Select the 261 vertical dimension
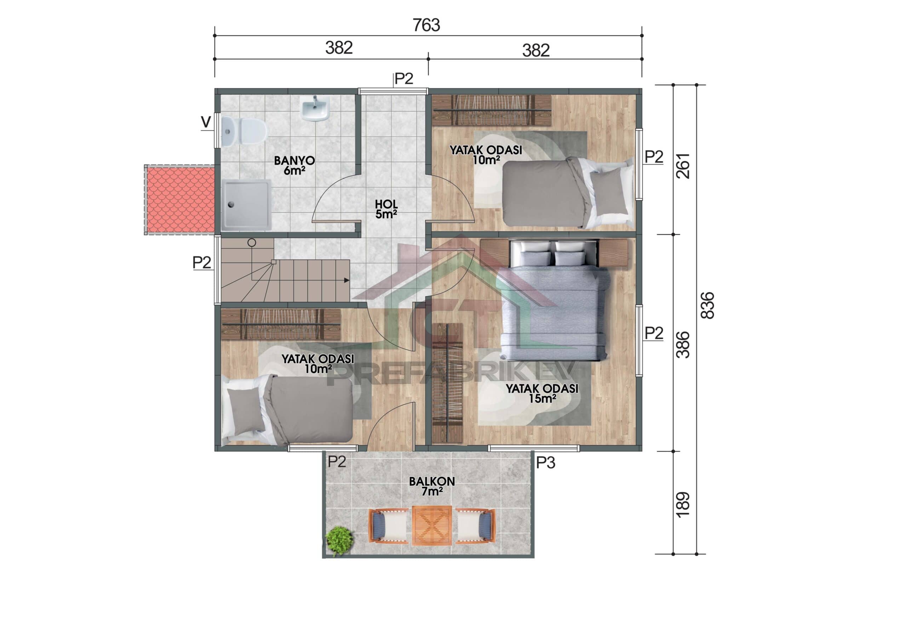(x=683, y=166)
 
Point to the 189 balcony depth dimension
(x=683, y=505)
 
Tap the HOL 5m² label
(x=386, y=209)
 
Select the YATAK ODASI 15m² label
(x=541, y=393)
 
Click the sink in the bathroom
(x=315, y=109)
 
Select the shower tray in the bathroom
(x=246, y=204)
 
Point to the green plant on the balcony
(x=338, y=540)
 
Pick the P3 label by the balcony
(x=545, y=462)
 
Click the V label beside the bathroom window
(x=206, y=123)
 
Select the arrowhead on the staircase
(x=346, y=280)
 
